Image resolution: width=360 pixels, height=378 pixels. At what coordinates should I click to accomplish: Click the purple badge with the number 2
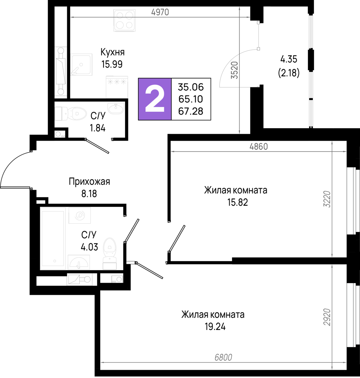pyautogui.click(x=155, y=99)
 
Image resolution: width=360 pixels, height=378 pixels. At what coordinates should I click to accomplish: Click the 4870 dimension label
pyautogui.click(x=160, y=12)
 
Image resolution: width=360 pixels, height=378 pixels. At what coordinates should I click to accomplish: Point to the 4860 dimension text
pyautogui.click(x=258, y=147)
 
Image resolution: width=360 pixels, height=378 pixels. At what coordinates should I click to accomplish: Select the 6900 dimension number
pyautogui.click(x=223, y=358)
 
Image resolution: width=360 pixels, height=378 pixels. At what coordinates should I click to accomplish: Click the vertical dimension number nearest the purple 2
pyautogui.click(x=235, y=70)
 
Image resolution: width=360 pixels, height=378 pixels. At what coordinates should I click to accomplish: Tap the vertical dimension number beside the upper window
pyautogui.click(x=327, y=199)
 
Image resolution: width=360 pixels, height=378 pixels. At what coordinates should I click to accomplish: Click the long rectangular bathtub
pyautogui.click(x=53, y=239)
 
